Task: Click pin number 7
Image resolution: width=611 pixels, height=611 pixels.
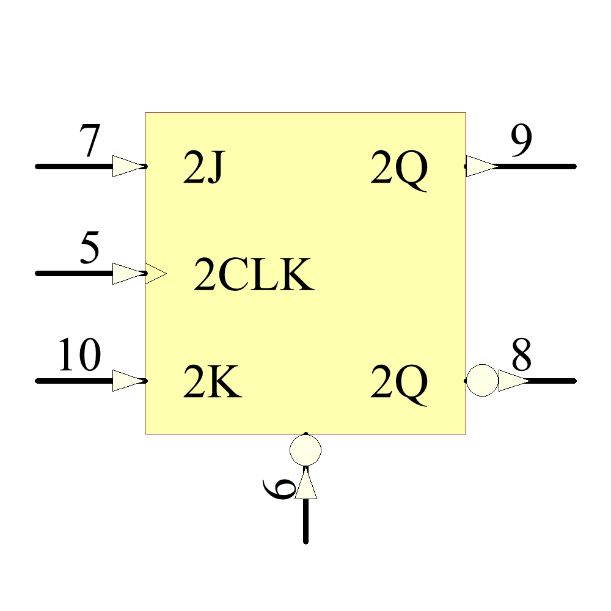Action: point(89,142)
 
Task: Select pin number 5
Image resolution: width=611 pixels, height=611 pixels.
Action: point(89,249)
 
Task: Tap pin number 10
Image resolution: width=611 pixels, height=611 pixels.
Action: point(79,356)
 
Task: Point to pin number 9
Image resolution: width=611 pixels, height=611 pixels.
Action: point(521,142)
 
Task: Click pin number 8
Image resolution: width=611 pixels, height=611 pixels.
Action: point(521,356)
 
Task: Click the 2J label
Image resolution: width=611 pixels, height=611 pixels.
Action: point(204,169)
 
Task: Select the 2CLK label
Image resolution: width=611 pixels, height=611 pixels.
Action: point(254,276)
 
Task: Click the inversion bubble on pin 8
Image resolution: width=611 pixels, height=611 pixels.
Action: point(482,380)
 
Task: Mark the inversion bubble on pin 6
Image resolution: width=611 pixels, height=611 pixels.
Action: point(305,450)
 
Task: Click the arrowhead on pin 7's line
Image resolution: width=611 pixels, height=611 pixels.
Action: point(127,166)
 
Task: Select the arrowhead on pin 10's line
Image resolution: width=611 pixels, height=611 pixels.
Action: point(127,381)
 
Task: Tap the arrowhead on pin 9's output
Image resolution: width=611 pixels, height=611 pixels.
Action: point(480,166)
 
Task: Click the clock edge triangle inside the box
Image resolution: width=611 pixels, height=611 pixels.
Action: point(155,274)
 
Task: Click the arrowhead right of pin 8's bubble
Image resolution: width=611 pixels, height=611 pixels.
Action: point(513,381)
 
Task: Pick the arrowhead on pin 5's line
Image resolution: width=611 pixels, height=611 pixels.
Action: point(127,274)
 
